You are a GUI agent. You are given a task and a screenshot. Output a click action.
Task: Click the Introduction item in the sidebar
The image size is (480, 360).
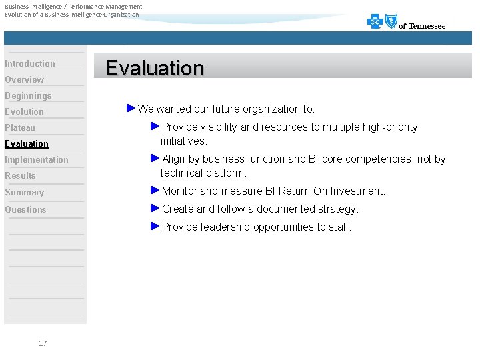point(30,64)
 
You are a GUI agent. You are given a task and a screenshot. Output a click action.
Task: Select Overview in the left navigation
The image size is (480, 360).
point(25,80)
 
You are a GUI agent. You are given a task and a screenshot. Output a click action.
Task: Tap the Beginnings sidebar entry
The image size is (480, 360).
point(28,96)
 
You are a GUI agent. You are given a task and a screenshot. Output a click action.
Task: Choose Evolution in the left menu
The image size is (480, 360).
point(25,112)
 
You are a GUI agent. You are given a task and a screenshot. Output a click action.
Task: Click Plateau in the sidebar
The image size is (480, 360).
point(20,128)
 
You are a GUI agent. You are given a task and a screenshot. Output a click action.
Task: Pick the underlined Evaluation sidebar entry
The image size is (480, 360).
point(27,144)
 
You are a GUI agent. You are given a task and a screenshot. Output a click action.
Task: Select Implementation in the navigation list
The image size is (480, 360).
point(37,160)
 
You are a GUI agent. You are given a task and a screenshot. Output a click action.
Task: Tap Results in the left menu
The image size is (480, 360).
point(20,176)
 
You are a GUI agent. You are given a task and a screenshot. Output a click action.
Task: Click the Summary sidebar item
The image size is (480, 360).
point(25,193)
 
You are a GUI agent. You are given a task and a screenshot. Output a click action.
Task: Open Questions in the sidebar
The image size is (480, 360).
point(26,210)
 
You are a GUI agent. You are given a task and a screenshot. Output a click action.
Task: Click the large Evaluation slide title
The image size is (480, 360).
point(155,68)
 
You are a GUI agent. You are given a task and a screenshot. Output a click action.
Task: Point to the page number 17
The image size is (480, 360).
point(43,343)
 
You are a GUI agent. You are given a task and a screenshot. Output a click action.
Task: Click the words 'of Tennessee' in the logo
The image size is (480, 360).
point(422,27)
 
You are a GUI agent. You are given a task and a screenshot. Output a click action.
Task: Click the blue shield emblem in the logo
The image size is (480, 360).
point(389,22)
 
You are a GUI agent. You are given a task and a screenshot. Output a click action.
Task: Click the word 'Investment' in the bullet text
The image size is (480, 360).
point(361,191)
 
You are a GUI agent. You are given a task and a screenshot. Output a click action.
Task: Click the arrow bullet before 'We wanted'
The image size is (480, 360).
point(131,108)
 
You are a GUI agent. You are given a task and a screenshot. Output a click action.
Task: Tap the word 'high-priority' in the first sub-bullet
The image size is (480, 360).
point(390,127)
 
